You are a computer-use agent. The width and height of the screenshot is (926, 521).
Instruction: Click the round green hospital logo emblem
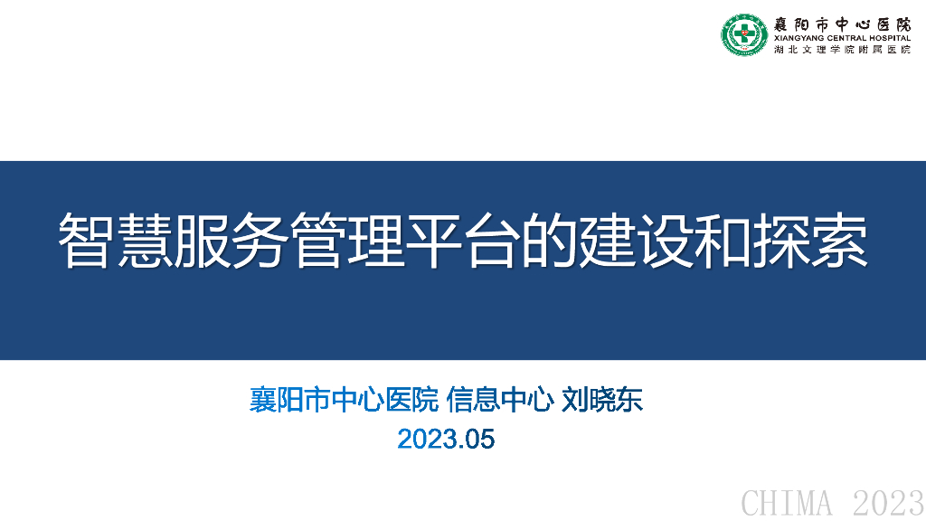tap(744, 35)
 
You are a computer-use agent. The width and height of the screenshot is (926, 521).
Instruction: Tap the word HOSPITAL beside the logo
tap(890, 38)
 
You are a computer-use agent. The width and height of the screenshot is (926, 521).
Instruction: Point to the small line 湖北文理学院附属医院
tap(843, 50)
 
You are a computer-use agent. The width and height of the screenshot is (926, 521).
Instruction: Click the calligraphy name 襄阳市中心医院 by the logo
tap(843, 24)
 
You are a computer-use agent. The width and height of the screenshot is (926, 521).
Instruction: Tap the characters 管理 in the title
tap(347, 241)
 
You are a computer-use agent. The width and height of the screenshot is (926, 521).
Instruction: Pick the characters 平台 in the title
tap(463, 241)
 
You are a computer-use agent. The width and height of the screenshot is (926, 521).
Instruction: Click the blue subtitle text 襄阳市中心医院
tap(344, 400)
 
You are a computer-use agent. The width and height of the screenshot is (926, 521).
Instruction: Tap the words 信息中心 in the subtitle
tap(500, 400)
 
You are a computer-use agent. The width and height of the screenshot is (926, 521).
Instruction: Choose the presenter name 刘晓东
tap(601, 400)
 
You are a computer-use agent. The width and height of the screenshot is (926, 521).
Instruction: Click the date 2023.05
tap(446, 439)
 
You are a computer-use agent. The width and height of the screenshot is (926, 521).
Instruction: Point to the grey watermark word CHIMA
tap(787, 503)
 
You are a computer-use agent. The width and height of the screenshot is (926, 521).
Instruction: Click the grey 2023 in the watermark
tap(889, 503)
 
